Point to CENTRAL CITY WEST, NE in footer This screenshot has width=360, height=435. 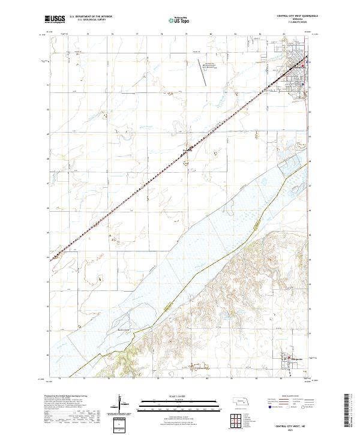tap(290, 423)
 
